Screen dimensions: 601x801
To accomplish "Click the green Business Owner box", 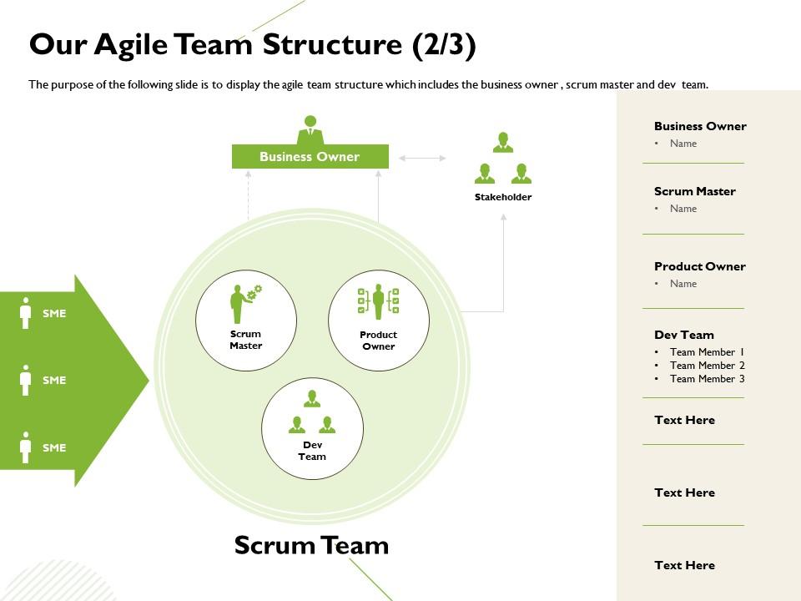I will (310, 157).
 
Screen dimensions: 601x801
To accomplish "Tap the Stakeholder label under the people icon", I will (503, 197).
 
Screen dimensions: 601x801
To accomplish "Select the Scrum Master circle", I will (246, 321).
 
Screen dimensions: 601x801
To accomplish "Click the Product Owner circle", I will (379, 321).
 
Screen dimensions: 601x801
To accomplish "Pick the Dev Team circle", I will (313, 428).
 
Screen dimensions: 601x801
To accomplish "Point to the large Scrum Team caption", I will (311, 546).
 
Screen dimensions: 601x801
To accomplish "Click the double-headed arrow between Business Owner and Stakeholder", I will (422, 157).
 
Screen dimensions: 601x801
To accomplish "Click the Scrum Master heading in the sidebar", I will (694, 191).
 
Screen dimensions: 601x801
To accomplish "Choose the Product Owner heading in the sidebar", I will (699, 266).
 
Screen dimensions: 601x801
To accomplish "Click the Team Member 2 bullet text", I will (707, 366).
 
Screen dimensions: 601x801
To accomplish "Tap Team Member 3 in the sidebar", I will (707, 379).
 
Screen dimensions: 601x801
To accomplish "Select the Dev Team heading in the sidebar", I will (683, 335).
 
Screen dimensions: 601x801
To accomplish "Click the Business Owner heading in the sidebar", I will (700, 126).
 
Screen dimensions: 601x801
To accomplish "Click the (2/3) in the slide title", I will (444, 45).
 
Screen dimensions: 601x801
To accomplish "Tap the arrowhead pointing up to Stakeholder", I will (503, 217).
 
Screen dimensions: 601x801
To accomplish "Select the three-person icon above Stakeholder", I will (503, 159).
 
